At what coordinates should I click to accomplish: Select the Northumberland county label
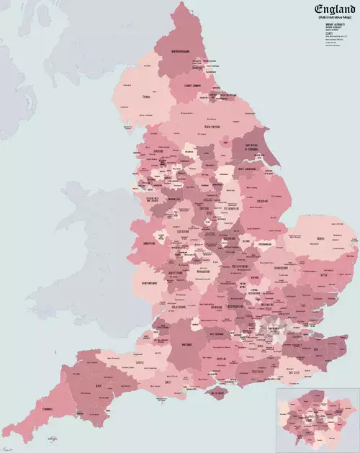(179, 52)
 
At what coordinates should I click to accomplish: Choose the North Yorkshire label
(212, 127)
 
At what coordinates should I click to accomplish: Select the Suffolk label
(323, 274)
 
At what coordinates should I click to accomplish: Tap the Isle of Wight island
(217, 393)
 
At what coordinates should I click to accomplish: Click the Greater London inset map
(317, 418)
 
